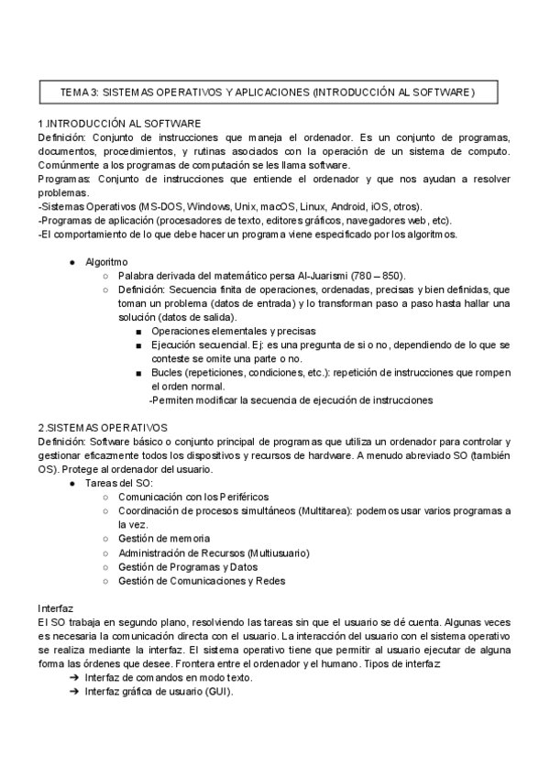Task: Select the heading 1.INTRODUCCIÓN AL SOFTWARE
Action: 119,123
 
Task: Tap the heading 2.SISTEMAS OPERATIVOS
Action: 103,427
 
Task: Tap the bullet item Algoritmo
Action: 106,262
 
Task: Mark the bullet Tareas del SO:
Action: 119,483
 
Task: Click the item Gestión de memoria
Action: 164,539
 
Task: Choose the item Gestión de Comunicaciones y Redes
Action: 202,580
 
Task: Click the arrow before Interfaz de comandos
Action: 73,678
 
